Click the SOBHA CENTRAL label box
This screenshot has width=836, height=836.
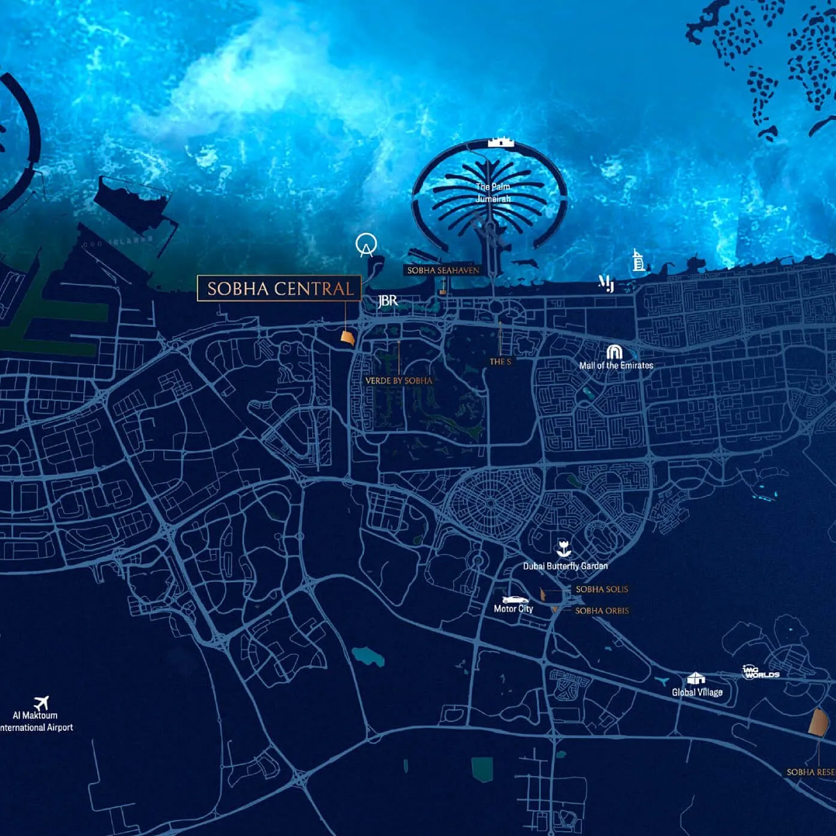[x=279, y=288]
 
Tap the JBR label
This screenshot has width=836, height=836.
[x=387, y=300]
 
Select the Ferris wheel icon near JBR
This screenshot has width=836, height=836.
[x=365, y=245]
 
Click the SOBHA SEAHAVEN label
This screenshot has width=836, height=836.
[x=443, y=270]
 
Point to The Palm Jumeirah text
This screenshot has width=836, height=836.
[x=492, y=193]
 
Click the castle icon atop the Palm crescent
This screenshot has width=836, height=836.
[x=501, y=142]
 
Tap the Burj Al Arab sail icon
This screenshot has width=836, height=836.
[x=638, y=261]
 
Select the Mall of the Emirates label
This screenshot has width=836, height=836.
[x=616, y=365]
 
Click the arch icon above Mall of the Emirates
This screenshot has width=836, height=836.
[x=614, y=351]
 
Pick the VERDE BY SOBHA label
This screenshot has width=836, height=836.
[x=399, y=381]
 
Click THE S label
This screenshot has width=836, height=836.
[x=500, y=362]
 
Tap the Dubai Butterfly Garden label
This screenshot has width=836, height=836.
[x=565, y=566]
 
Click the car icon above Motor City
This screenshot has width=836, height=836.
[x=515, y=599]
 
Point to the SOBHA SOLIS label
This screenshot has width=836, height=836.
[x=602, y=589]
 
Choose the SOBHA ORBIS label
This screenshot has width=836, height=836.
[x=602, y=611]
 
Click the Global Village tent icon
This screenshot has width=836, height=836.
[x=695, y=678]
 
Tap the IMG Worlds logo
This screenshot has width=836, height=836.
[x=760, y=672]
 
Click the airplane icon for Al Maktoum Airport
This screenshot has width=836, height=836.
[x=41, y=702]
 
